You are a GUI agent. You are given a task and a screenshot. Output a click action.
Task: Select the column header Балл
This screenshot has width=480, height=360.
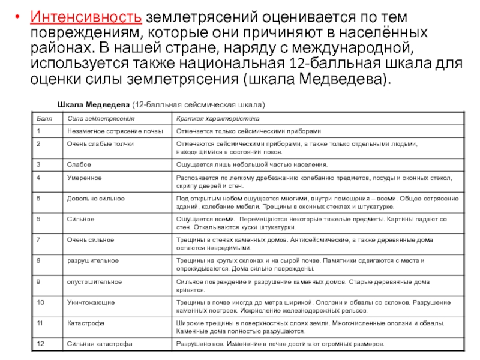point(42,118)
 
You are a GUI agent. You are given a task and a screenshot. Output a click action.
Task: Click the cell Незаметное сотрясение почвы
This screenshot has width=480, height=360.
point(115,131)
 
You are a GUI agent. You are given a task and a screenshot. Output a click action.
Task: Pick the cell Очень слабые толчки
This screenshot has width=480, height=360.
point(100,144)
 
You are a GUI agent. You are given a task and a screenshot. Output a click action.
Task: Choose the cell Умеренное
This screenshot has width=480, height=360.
point(84,178)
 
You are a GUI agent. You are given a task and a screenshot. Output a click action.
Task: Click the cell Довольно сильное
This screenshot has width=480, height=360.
point(96,197)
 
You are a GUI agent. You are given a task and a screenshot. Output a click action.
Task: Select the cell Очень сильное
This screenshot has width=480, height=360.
point(91,240)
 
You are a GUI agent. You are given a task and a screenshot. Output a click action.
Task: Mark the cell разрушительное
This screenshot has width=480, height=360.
point(92,261)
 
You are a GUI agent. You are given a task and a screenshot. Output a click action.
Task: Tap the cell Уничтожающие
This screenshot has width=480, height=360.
point(91,302)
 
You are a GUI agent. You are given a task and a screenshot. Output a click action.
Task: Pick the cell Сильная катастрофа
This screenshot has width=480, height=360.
point(100,344)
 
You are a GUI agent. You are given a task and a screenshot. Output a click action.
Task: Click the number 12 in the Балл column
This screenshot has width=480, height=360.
point(40,344)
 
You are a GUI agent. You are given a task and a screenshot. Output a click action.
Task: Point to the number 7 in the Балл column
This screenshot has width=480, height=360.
point(38,240)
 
